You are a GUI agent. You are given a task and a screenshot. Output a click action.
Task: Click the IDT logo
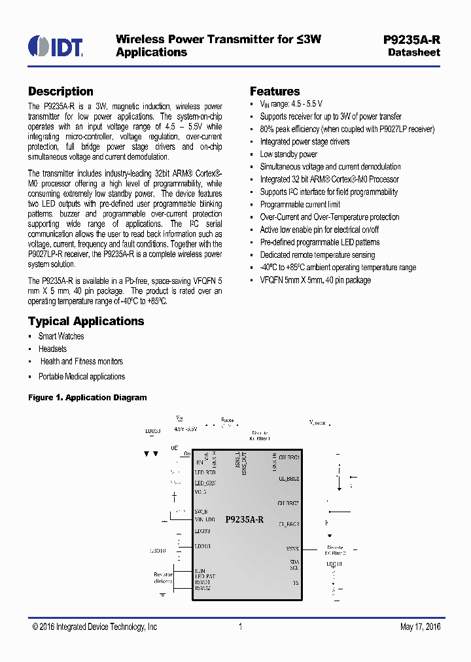(56, 46)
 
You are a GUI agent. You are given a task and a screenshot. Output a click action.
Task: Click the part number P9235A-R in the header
(411, 39)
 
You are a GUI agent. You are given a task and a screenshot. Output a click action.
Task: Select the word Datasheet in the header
(413, 52)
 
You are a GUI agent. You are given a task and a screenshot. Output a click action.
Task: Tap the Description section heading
(61, 92)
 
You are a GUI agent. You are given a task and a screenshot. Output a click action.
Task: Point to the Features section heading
(275, 92)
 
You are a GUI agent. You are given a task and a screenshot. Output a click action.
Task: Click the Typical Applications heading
(86, 321)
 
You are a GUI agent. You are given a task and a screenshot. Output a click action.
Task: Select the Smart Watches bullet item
(61, 336)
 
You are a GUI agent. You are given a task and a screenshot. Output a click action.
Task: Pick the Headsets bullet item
(52, 349)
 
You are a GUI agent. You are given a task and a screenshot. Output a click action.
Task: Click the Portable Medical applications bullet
(81, 376)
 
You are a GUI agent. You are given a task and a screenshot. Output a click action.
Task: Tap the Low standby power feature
(288, 154)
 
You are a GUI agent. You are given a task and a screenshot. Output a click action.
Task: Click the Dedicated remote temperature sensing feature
(317, 254)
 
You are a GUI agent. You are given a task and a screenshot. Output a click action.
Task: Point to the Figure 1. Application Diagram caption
(87, 398)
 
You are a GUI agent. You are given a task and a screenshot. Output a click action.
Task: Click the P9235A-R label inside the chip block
(244, 519)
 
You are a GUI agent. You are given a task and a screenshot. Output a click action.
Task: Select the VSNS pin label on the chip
(292, 549)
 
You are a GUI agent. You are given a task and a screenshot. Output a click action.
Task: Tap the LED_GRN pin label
(205, 482)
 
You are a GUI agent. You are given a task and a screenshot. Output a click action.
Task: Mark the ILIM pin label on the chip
(200, 570)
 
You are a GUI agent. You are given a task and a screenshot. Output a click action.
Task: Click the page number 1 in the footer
(241, 627)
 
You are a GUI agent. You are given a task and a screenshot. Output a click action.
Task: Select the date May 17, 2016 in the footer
(420, 627)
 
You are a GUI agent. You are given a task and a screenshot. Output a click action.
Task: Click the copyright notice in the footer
(95, 627)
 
